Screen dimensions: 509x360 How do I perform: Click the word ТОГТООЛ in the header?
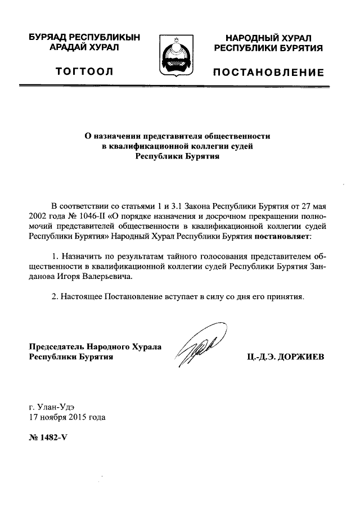click(84, 71)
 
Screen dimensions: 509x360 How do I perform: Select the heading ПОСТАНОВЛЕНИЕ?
click(268, 73)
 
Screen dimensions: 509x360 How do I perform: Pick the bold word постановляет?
click(281, 237)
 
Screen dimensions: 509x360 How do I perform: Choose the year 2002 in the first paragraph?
click(39, 216)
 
